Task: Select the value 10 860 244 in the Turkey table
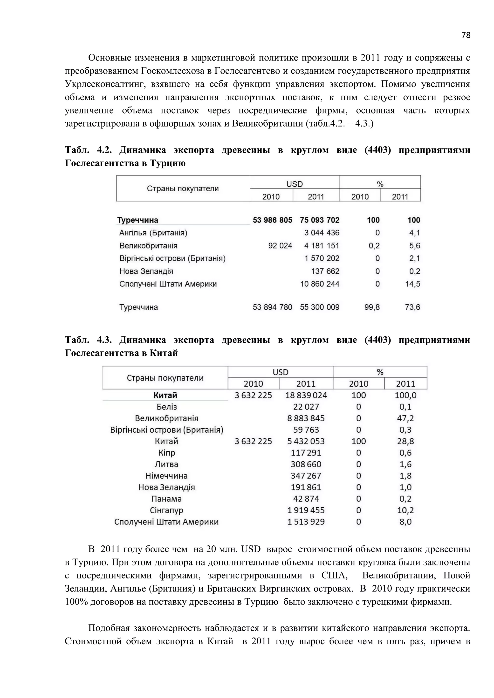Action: [x=320, y=284]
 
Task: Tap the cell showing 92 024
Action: [x=280, y=246]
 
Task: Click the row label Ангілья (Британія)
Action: [x=153, y=233]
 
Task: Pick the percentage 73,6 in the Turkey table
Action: [x=412, y=307]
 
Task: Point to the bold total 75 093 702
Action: [x=319, y=220]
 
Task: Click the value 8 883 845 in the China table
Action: [x=306, y=418]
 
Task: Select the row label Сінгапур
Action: [x=166, y=510]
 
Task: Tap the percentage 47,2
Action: [x=405, y=418]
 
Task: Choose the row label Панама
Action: [x=166, y=499]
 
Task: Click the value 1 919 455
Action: [x=306, y=510]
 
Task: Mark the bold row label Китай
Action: [x=165, y=395]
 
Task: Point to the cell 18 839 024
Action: [x=306, y=395]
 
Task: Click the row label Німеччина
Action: [x=166, y=476]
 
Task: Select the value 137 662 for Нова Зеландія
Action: [x=325, y=271]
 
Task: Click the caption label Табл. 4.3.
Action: [x=88, y=340]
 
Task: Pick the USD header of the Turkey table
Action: [x=295, y=184]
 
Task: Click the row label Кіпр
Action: [x=166, y=453]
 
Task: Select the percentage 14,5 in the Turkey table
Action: [x=412, y=284]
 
